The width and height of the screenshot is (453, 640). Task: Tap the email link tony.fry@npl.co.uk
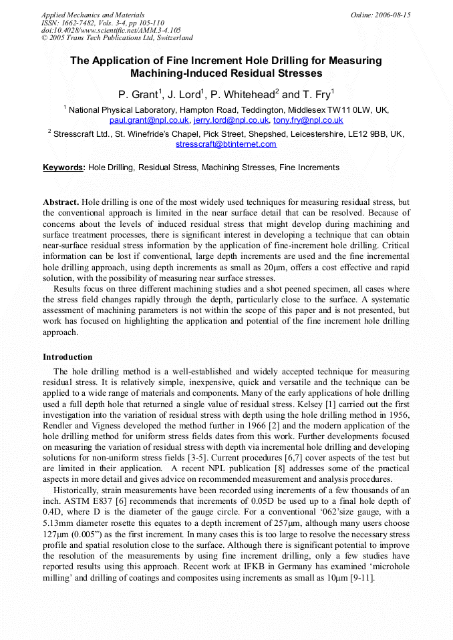[x=308, y=121]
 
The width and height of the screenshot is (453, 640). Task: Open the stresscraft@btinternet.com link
[x=226, y=144]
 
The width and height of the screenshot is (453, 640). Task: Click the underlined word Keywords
[x=64, y=168]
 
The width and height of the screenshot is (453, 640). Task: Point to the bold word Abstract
[x=61, y=202]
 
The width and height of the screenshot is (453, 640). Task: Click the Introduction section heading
[x=67, y=357]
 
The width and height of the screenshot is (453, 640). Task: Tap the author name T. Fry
[x=319, y=94]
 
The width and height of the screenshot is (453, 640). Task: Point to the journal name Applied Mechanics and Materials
[x=93, y=15]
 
